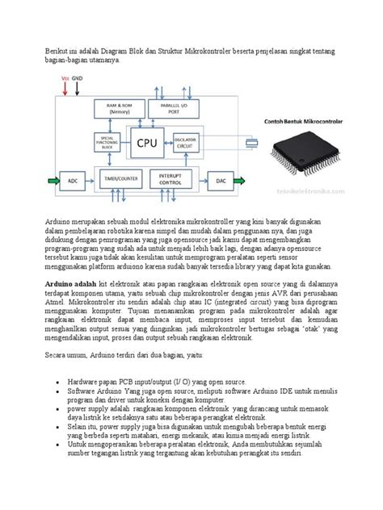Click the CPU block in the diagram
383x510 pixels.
pyautogui.click(x=147, y=143)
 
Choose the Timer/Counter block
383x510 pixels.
pyautogui.click(x=123, y=178)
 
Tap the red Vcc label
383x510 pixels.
pyautogui.click(x=65, y=78)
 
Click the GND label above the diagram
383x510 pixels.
pyautogui.click(x=78, y=78)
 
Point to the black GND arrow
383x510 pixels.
pyautogui.click(x=78, y=89)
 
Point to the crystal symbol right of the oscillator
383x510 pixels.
pyautogui.click(x=252, y=143)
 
